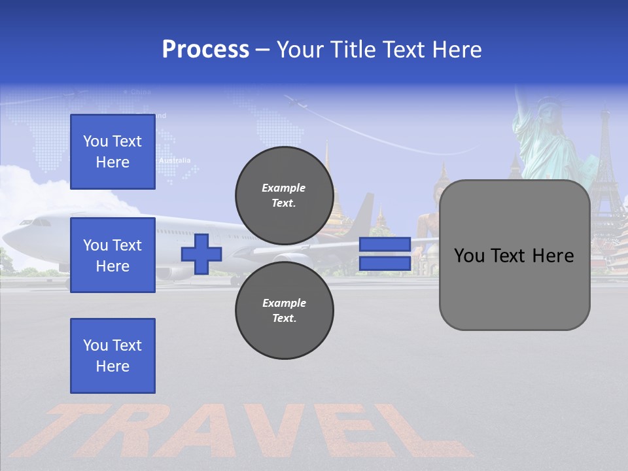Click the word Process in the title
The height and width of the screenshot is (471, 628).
[205, 50]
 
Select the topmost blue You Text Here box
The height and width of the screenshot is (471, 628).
[113, 152]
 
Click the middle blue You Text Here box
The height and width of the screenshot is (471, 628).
[113, 255]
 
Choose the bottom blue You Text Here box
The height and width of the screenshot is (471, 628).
[113, 356]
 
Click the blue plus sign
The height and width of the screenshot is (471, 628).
[201, 254]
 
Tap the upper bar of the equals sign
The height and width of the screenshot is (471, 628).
[385, 245]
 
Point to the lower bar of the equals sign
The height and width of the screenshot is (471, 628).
[385, 264]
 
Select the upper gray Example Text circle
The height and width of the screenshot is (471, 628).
[284, 195]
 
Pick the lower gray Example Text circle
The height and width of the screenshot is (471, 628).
[284, 311]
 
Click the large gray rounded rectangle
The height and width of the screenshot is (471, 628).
[514, 255]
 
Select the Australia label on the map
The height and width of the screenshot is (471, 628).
[175, 160]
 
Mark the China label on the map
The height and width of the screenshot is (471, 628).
[141, 92]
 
